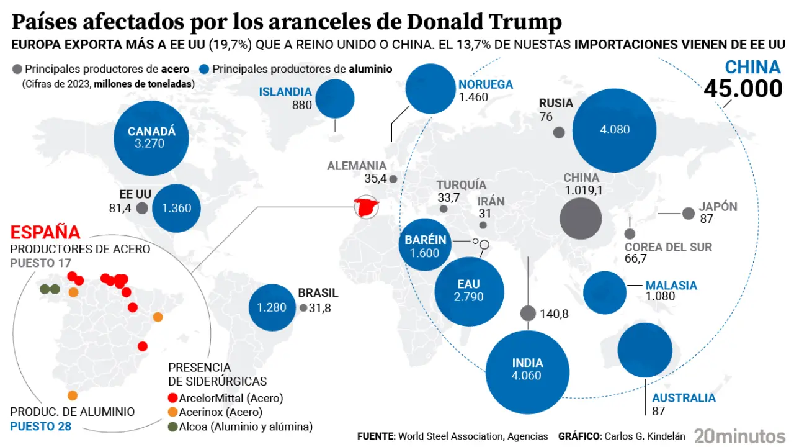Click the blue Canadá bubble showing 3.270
[x=152, y=138]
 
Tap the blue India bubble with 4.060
[x=527, y=369]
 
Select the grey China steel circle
[x=581, y=219]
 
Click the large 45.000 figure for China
[x=743, y=89]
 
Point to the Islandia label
[x=285, y=92]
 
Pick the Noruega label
[x=486, y=84]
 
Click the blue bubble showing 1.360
[x=176, y=208]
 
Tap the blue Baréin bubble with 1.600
[x=426, y=246]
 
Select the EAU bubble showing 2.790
[x=468, y=291]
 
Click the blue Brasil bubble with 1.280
[x=272, y=307]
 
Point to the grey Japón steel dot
[x=688, y=214]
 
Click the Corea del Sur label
[x=668, y=247]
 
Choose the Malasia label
[x=671, y=286]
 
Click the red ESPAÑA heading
[x=45, y=233]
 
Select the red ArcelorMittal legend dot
[x=173, y=398]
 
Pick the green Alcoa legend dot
[x=173, y=427]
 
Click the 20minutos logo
[x=739, y=435]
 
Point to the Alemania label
[x=357, y=166]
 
